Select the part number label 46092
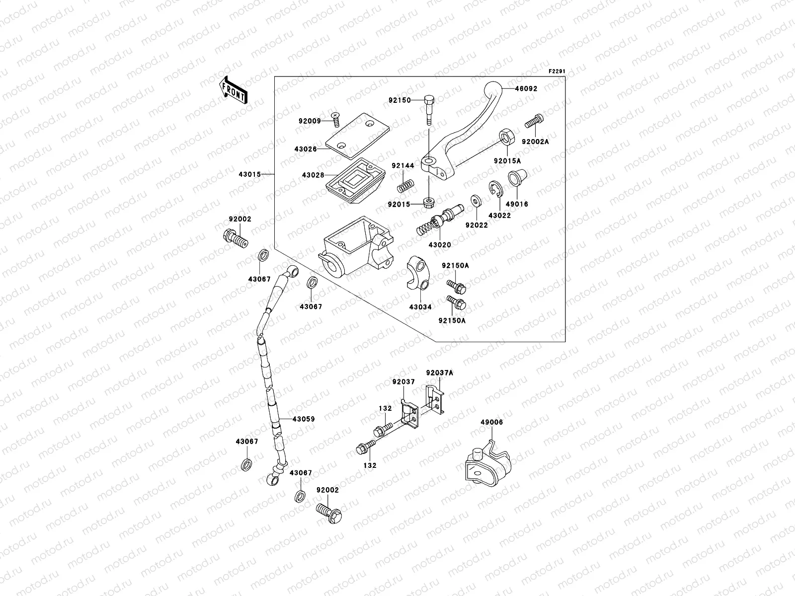[x=526, y=89]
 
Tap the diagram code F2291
[x=556, y=72]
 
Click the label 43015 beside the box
[x=249, y=174]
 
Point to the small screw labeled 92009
[x=336, y=120]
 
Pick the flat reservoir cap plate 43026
[x=357, y=136]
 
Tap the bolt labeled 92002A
[x=534, y=121]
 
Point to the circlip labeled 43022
[x=495, y=189]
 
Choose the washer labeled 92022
[x=476, y=201]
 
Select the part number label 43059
[x=304, y=419]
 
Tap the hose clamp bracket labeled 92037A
[x=435, y=399]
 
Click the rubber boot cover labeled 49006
[x=488, y=463]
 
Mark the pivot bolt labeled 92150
[x=429, y=110]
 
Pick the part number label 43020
[x=440, y=245]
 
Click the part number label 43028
[x=313, y=175]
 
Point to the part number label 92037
[x=403, y=382]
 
